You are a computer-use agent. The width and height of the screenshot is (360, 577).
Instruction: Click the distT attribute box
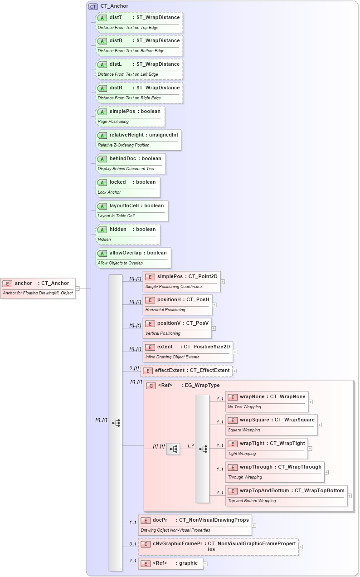(139, 22)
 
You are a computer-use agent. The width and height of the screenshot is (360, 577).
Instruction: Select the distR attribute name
(116, 88)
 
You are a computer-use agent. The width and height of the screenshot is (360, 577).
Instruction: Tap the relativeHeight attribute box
(138, 140)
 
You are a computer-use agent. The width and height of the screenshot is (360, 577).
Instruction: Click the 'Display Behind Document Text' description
(126, 169)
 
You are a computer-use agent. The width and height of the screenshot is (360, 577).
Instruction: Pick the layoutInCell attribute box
(132, 210)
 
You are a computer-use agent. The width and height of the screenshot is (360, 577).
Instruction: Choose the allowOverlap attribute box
(133, 258)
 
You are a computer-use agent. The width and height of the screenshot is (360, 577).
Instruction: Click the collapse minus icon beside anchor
(78, 288)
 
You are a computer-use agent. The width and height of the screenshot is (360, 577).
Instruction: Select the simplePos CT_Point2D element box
(181, 281)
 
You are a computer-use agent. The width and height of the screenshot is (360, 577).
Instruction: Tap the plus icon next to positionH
(214, 305)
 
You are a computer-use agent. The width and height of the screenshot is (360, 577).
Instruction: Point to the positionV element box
(177, 328)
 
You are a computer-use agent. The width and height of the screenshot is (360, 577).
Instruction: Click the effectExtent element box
(186, 371)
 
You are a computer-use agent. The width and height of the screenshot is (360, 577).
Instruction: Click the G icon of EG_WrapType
(151, 386)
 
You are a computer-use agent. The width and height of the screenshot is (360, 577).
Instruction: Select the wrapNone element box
(267, 401)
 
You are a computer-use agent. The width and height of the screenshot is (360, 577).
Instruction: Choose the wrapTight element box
(266, 448)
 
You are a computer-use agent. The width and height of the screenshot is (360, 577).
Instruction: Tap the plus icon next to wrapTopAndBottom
(350, 496)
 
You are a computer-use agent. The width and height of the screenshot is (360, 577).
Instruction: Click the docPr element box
(195, 525)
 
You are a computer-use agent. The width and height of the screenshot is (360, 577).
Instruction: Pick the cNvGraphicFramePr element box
(218, 547)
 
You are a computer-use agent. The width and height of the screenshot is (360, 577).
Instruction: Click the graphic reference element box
(170, 563)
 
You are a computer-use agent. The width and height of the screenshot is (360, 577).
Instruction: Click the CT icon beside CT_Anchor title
(93, 6)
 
